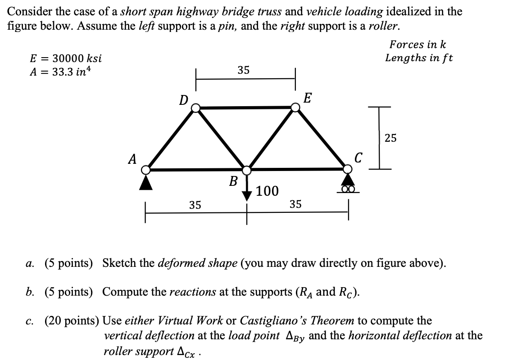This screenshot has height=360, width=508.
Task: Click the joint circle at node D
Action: click(195, 108)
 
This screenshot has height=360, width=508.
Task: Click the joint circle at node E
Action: click(295, 107)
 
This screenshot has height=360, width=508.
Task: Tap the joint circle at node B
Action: click(247, 170)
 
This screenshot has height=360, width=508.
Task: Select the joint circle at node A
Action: click(145, 170)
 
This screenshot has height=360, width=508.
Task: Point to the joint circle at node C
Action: click(348, 169)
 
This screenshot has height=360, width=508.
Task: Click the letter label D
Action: click(183, 100)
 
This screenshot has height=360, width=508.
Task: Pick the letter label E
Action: click(308, 98)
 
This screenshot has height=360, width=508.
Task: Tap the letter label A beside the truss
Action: click(132, 159)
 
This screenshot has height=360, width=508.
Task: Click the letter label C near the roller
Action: click(358, 158)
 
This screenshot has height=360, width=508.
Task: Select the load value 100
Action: click(268, 192)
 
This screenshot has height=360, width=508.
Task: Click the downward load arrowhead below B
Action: click(247, 196)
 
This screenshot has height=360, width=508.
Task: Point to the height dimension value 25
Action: click(390, 138)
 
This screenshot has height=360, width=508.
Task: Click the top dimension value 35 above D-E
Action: click(244, 70)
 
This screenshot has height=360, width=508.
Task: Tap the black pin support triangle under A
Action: click(145, 182)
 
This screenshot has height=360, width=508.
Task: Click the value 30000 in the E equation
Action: click(68, 58)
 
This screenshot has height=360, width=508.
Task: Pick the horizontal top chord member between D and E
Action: click(245, 107)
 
